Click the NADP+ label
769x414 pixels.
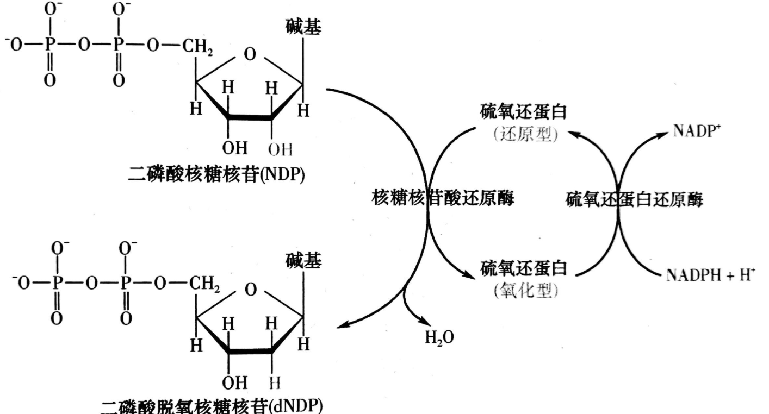pos(697,131)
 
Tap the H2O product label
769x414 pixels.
pos(439,337)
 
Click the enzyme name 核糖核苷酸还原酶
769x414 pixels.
pos(443,198)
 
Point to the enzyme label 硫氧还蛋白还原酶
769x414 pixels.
pos(634,199)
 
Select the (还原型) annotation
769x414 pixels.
pos(525,134)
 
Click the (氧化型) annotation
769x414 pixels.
pos(525,291)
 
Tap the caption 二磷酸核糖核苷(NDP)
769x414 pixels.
pos(216,174)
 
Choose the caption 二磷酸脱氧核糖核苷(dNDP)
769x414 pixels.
pos(212,406)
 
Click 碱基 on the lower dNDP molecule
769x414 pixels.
pos(303,261)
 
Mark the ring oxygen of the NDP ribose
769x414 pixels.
pos(250,54)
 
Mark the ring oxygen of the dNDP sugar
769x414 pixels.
pos(251,290)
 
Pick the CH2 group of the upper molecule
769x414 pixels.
pos(197,47)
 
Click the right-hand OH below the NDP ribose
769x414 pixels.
pos(280,149)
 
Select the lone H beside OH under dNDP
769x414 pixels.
pos(275,383)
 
